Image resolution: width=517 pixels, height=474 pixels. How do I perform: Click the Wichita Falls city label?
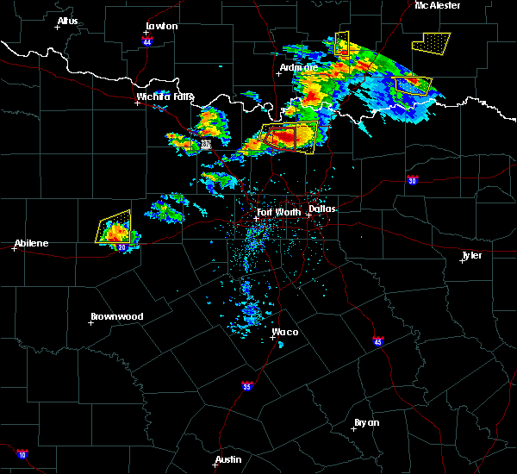[165, 97]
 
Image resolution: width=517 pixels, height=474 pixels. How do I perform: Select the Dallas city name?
[322, 209]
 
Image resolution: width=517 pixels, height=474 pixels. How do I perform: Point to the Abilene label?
[30, 243]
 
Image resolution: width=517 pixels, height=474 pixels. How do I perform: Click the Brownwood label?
[116, 316]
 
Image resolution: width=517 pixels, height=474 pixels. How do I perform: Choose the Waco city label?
[285, 332]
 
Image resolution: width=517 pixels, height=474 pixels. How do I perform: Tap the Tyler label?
[471, 255]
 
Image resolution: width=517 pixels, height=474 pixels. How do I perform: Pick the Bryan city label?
[366, 422]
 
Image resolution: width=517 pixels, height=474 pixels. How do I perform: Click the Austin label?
[228, 459]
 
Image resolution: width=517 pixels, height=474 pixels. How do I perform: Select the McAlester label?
[437, 5]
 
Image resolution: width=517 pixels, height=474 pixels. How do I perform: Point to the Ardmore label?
[299, 67]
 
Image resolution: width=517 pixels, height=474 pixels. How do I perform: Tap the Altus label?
[67, 21]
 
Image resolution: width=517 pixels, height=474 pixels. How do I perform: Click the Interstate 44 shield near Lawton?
[147, 41]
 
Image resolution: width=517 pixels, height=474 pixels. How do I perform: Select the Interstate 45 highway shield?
[378, 340]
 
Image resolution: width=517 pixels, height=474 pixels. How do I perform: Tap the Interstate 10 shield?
[22, 454]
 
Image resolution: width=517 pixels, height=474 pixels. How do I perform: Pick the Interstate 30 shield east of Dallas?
[413, 180]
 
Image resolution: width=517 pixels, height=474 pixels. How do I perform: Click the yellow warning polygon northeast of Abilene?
[115, 226]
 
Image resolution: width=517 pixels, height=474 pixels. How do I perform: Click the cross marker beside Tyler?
[462, 260]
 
